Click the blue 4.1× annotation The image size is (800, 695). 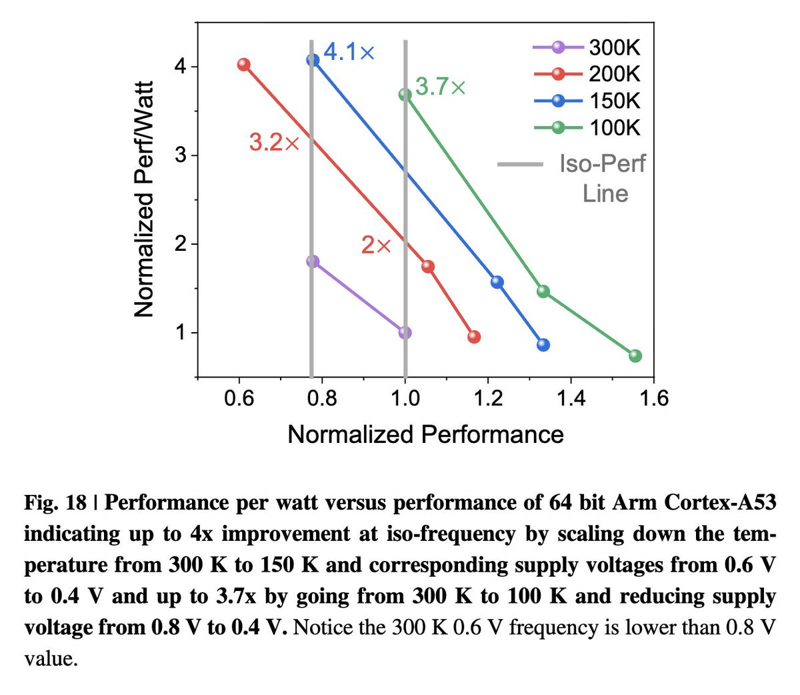(349, 52)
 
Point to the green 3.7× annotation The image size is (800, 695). (441, 87)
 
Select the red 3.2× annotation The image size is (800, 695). (274, 142)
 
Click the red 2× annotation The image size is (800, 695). (376, 245)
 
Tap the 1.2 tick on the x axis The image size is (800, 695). (488, 398)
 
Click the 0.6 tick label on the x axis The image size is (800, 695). (239, 398)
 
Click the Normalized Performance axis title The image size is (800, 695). (425, 435)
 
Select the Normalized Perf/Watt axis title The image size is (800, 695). (144, 199)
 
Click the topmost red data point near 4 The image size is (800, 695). (243, 65)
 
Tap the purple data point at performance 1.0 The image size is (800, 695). (405, 333)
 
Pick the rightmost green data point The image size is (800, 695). (635, 356)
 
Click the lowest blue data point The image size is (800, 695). (543, 345)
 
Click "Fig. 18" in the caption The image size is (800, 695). (55, 502)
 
